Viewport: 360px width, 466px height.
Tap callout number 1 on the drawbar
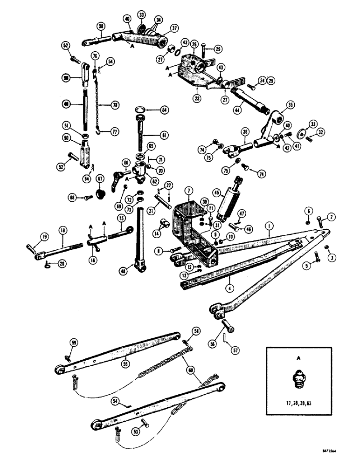click(x=269, y=227)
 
